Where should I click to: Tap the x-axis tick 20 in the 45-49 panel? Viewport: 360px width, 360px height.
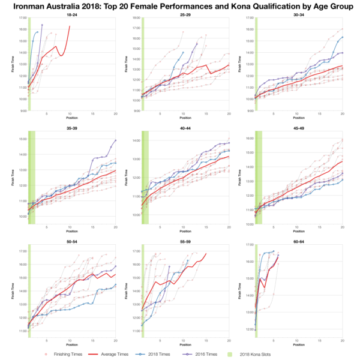[342, 228]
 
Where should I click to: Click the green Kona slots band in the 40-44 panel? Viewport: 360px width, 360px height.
[145, 180]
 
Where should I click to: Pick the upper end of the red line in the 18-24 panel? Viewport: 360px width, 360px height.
[70, 26]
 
